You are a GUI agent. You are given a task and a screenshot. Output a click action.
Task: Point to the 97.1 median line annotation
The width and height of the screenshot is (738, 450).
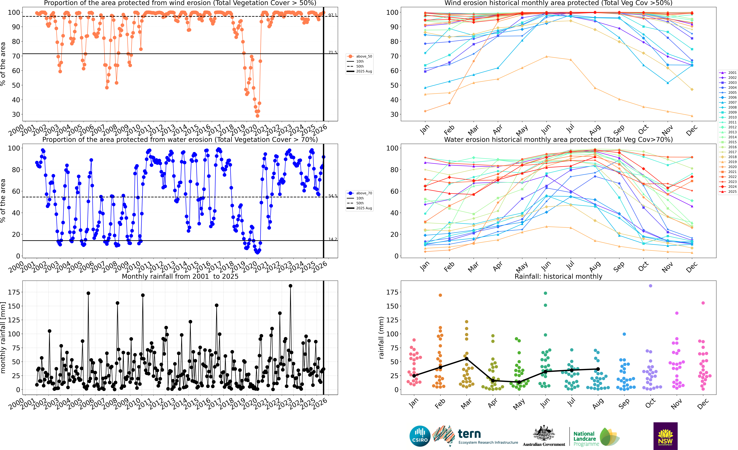point(332,15)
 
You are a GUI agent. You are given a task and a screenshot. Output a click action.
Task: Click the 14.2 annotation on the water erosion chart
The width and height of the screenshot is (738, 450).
point(332,239)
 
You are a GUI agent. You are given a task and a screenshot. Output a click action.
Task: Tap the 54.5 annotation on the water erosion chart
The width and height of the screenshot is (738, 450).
point(332,196)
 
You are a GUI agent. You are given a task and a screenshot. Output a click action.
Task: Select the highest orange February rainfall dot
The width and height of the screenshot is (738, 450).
point(440,295)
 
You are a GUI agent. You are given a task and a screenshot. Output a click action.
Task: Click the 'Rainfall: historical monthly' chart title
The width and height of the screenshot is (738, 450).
point(558,276)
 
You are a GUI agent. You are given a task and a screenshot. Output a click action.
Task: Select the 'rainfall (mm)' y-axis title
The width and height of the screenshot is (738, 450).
point(381,338)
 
